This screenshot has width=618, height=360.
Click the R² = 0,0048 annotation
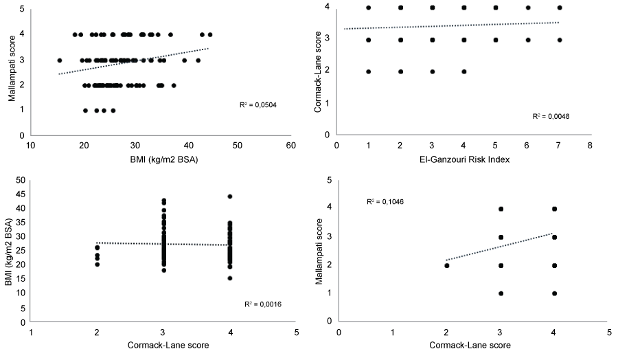(x=551, y=117)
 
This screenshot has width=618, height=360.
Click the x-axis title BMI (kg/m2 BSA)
(x=161, y=159)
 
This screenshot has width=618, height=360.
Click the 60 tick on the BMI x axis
(x=291, y=146)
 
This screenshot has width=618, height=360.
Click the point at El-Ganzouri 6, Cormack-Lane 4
(x=528, y=8)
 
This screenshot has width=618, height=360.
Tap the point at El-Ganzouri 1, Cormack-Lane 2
(x=369, y=71)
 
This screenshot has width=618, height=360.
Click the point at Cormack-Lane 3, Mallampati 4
(x=501, y=209)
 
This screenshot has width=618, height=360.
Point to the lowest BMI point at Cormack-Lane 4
(x=230, y=278)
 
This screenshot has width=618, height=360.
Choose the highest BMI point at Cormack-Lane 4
(x=230, y=196)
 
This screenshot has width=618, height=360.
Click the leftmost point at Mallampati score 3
(x=60, y=60)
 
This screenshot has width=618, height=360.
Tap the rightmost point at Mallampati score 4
(x=210, y=34)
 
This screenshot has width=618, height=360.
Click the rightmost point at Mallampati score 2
(x=174, y=86)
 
